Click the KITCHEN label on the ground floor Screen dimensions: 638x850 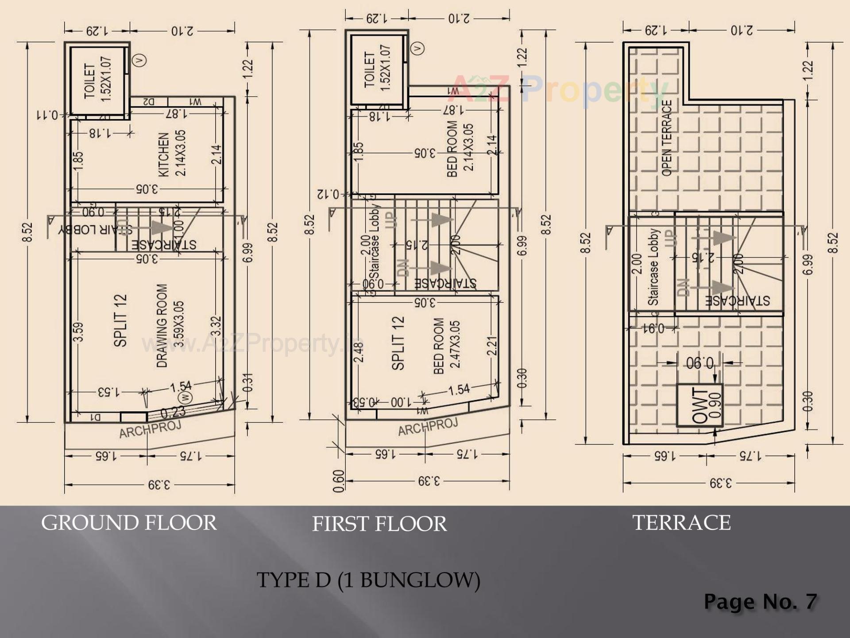[x=163, y=155]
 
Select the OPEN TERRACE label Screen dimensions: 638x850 [x=667, y=138]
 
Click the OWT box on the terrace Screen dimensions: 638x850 [x=699, y=406]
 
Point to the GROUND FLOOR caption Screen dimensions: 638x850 [x=129, y=523]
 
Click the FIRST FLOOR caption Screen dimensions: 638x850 [x=379, y=524]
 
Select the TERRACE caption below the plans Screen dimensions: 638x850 [x=681, y=523]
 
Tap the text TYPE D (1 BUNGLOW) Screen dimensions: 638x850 [x=368, y=580]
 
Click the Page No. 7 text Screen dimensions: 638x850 [x=760, y=602]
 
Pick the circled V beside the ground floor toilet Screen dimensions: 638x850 [x=140, y=60]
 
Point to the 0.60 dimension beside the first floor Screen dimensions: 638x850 [x=338, y=481]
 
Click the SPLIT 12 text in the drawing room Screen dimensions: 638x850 [x=120, y=321]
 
